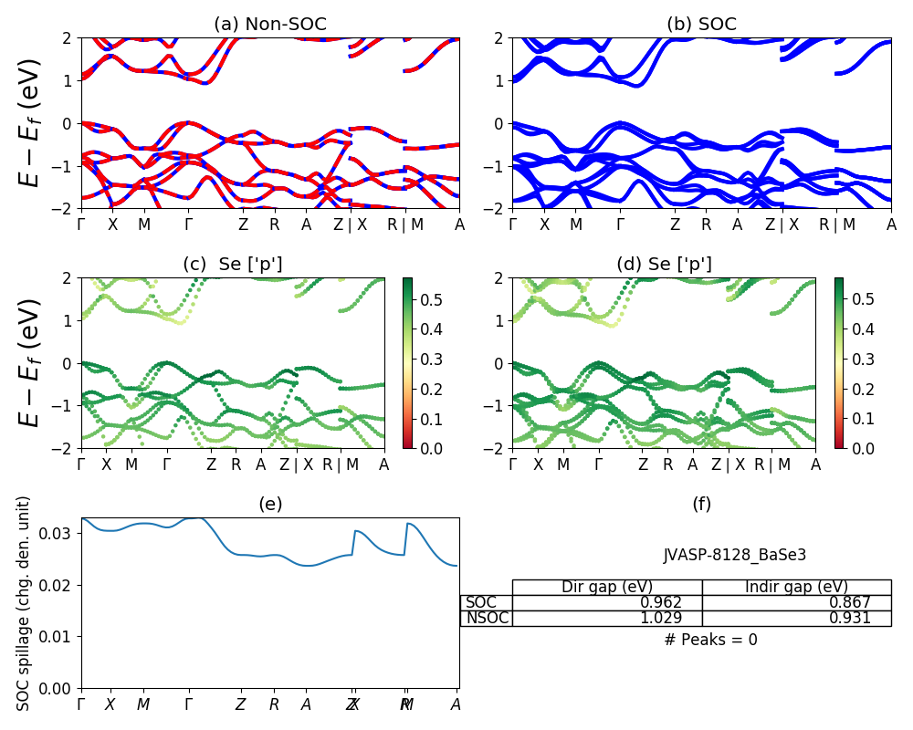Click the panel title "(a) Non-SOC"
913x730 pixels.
270,25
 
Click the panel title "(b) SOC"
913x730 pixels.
701,25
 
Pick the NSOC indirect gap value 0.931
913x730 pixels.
848,618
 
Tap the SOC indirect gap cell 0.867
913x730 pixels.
848,602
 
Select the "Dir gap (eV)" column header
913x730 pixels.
606,587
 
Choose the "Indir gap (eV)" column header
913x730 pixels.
796,587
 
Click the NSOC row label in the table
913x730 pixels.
487,618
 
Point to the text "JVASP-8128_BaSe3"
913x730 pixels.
735,555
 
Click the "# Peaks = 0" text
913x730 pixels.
710,640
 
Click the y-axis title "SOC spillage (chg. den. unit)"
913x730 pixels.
25,603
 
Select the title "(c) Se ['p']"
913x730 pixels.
233,265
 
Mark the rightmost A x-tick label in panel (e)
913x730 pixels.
456,704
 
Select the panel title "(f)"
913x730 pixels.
701,504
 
